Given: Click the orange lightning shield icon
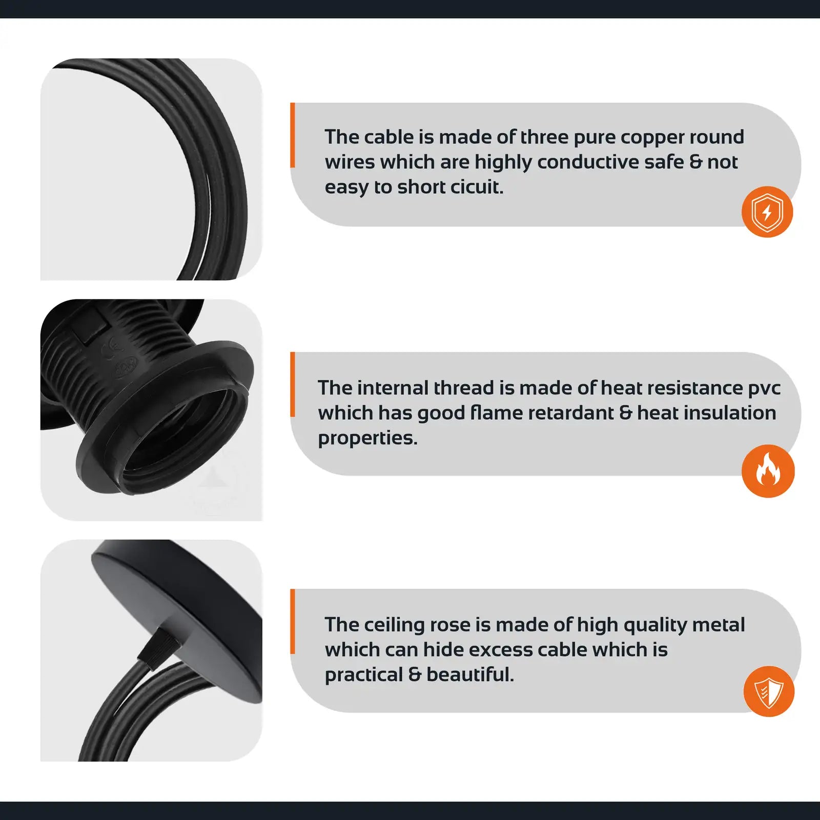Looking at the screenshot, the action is pos(767,212).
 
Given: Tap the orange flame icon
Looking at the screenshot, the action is pos(768,470).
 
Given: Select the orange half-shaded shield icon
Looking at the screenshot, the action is pos(769,691).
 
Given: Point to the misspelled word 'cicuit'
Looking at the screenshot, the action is pos(477,187).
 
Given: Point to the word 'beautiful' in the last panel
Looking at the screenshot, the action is pos(470,674).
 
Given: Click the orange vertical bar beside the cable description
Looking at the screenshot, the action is pos(293,135).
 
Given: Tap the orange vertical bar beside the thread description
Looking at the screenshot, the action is pos(293,384).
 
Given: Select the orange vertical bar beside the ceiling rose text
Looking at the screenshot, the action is pos(293,621).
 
